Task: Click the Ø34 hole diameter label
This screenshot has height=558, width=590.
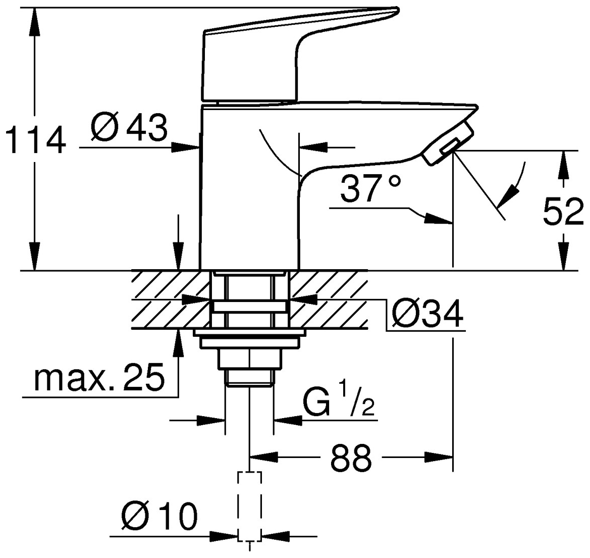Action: (427, 315)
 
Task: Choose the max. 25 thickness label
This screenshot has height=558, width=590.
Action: (99, 377)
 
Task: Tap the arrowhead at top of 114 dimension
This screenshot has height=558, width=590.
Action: (34, 20)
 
